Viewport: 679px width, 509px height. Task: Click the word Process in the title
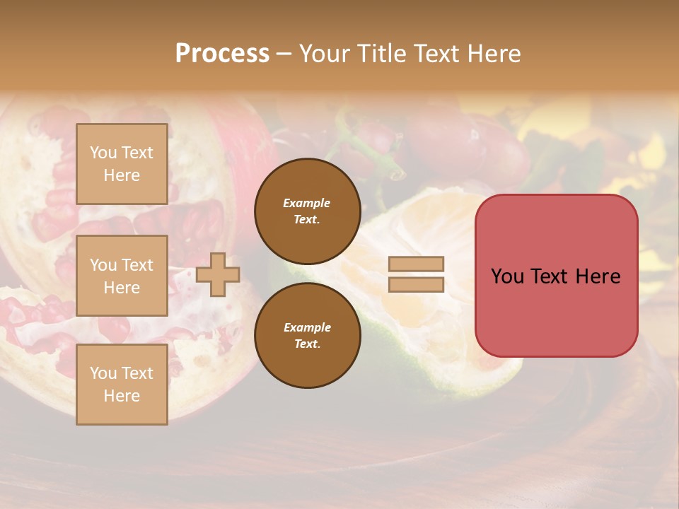[222, 54]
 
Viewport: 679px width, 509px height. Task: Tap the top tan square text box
[122, 164]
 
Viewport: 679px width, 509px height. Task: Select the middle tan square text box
[122, 276]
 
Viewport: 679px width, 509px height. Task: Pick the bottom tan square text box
[122, 385]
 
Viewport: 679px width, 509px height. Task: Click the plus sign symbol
[218, 274]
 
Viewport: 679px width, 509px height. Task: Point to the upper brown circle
[308, 211]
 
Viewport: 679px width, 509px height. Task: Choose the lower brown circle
[308, 336]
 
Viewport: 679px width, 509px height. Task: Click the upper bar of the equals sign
[416, 264]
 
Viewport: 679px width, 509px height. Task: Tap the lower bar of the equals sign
[416, 285]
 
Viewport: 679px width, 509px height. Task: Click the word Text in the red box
[554, 276]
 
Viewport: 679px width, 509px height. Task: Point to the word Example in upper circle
[307, 203]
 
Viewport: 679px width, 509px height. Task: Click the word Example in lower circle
[307, 327]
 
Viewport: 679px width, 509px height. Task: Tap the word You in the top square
[103, 153]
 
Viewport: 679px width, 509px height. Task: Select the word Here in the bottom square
[122, 396]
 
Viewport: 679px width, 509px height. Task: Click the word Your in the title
[325, 54]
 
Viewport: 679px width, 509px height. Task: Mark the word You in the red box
[507, 276]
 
